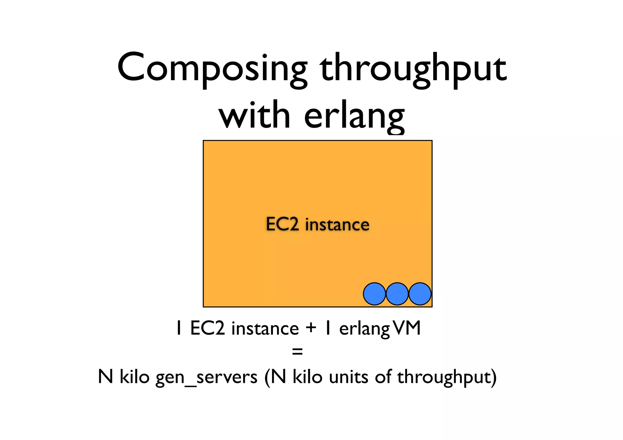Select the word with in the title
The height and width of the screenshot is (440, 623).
(254, 116)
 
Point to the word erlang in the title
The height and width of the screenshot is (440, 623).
(354, 117)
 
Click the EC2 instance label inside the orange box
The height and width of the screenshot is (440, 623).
(318, 224)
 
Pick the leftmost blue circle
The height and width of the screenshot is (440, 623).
(374, 294)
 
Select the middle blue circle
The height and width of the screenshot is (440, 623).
(397, 294)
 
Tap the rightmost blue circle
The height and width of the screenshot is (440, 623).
(420, 294)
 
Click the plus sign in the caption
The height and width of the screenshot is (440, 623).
(311, 328)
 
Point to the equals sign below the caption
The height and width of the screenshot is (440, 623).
(297, 352)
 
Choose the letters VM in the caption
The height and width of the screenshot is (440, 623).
(407, 328)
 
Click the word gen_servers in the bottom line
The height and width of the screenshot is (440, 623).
(207, 377)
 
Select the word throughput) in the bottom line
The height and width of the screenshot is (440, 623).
(447, 377)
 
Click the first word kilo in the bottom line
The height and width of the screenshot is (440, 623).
(134, 377)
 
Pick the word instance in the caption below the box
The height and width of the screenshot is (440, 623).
(265, 329)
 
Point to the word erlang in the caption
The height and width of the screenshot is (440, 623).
(364, 329)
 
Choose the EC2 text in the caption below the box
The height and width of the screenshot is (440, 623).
(207, 328)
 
